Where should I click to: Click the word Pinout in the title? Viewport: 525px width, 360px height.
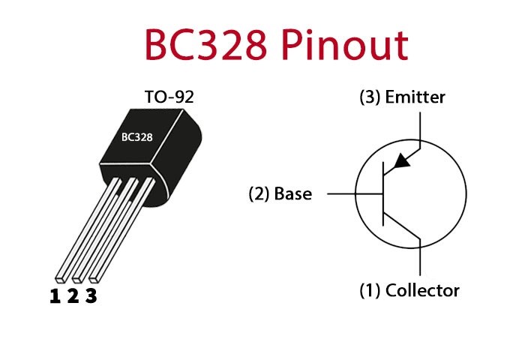(345, 45)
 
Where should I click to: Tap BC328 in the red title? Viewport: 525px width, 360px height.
(206, 45)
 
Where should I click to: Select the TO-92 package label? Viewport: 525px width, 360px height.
(169, 97)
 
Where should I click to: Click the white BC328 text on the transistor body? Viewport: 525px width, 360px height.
(137, 137)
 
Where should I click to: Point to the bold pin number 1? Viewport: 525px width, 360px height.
(55, 296)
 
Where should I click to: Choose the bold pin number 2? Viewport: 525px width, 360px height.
(73, 296)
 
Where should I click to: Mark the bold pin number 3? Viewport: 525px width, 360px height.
(91, 296)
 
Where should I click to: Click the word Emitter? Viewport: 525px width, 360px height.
(415, 97)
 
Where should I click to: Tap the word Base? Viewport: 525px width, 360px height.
(293, 193)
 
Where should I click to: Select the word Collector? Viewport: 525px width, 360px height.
(422, 290)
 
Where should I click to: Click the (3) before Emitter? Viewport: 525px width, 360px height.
(370, 97)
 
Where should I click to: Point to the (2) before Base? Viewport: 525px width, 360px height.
(259, 193)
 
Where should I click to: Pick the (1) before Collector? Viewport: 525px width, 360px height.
(370, 290)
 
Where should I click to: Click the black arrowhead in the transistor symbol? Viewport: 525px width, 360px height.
(402, 161)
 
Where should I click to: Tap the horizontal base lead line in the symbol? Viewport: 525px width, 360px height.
(355, 193)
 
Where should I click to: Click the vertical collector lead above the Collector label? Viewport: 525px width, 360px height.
(420, 256)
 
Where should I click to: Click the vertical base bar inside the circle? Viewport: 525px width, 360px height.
(383, 193)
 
